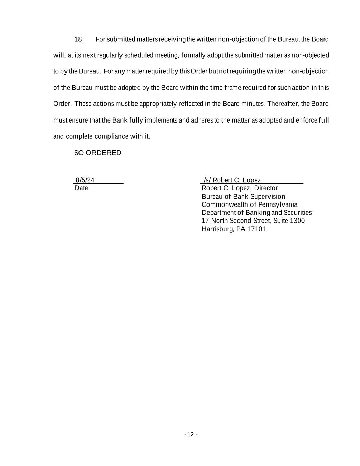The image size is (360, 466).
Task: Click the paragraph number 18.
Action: [79, 39]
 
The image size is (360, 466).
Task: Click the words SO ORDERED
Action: [98, 153]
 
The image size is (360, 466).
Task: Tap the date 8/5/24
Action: [85, 180]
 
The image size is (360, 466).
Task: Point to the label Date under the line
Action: [81, 188]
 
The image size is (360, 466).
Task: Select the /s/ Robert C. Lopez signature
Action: [232, 180]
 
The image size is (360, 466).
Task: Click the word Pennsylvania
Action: [278, 204]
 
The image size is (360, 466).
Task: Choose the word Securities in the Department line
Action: [298, 213]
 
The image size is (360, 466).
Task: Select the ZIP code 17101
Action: [256, 229]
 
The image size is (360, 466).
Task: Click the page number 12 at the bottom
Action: [190, 434]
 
